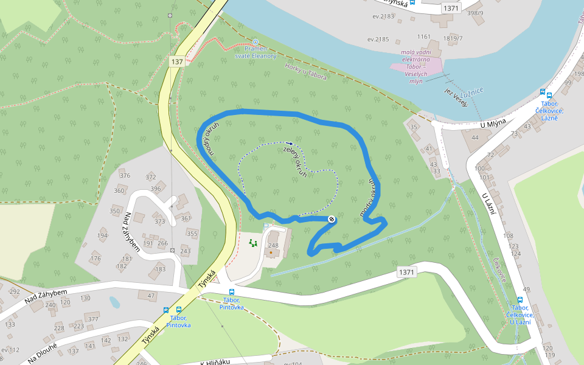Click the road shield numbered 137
[177, 62]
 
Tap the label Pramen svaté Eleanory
[255, 52]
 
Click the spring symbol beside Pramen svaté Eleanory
[255, 42]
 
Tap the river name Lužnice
[472, 91]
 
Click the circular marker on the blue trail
[332, 219]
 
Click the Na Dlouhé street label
[43, 352]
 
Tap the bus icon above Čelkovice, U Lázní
[520, 299]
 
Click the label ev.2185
[378, 40]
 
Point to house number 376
[125, 176]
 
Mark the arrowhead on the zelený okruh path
[289, 145]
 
